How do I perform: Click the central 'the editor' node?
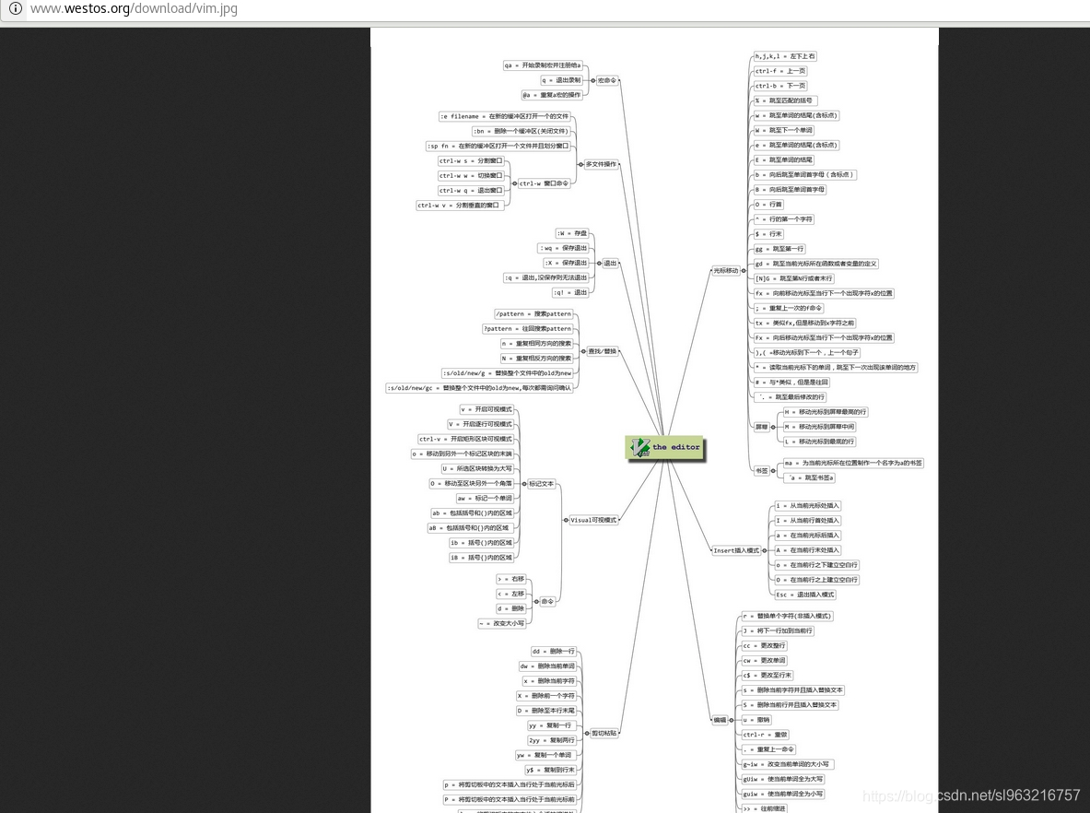coord(663,447)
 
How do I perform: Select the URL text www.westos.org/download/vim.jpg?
coord(134,9)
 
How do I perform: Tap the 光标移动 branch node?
coord(726,271)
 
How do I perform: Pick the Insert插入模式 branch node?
coord(737,550)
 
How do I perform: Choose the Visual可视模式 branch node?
coord(593,520)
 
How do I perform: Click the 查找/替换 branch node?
coord(602,351)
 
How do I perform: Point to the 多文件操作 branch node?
coord(602,164)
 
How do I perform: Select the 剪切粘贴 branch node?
coord(604,733)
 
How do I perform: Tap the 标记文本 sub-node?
coord(541,483)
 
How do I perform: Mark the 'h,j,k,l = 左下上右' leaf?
coord(785,56)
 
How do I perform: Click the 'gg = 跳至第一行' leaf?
coord(780,249)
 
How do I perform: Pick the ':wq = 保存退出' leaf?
coord(564,248)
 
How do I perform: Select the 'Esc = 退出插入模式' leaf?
coord(805,595)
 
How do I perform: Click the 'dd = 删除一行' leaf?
coord(554,652)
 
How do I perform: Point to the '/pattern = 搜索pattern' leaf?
coord(533,314)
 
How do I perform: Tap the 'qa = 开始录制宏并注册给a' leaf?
coord(543,65)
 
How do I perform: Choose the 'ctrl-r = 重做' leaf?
coord(767,735)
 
